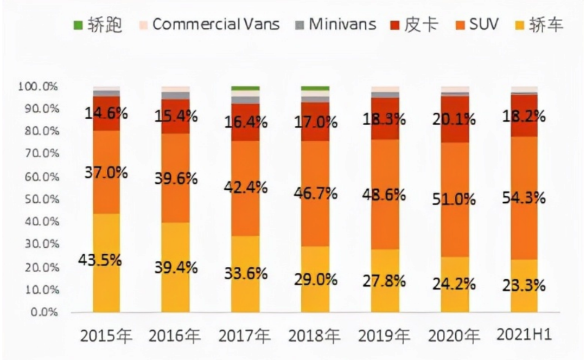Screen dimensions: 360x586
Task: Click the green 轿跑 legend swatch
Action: pos(78,24)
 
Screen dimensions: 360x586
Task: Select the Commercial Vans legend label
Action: pos(215,24)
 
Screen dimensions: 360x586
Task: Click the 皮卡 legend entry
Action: pos(421,24)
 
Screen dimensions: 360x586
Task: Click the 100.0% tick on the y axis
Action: pos(37,86)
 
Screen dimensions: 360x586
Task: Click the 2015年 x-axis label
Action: pos(106,336)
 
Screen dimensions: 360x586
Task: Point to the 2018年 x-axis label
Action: pos(315,336)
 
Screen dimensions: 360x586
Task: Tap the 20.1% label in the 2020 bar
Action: pos(454,119)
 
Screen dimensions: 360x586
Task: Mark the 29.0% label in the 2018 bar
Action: pos(315,280)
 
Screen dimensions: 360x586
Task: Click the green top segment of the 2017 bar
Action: pos(245,88)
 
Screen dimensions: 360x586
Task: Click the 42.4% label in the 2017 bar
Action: pos(246,188)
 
